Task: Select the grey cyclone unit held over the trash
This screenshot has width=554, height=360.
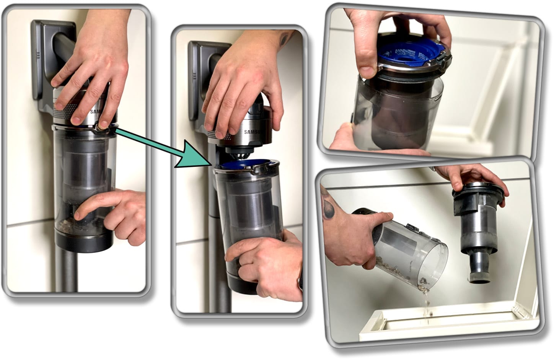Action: (478, 233)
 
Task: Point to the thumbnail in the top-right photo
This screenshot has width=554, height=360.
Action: (367, 71)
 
